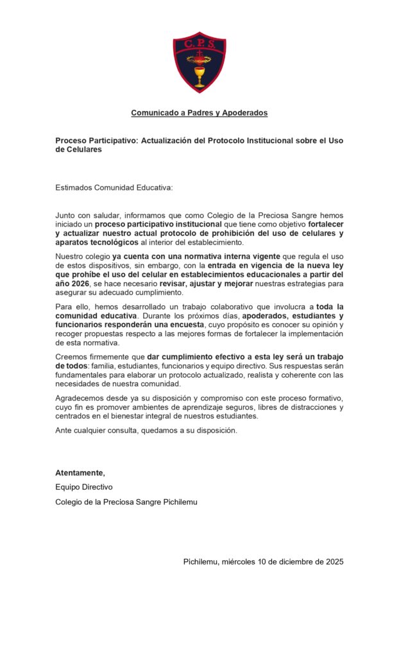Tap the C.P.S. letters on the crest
point(199,44)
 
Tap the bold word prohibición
point(237,234)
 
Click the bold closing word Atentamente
point(79,473)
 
